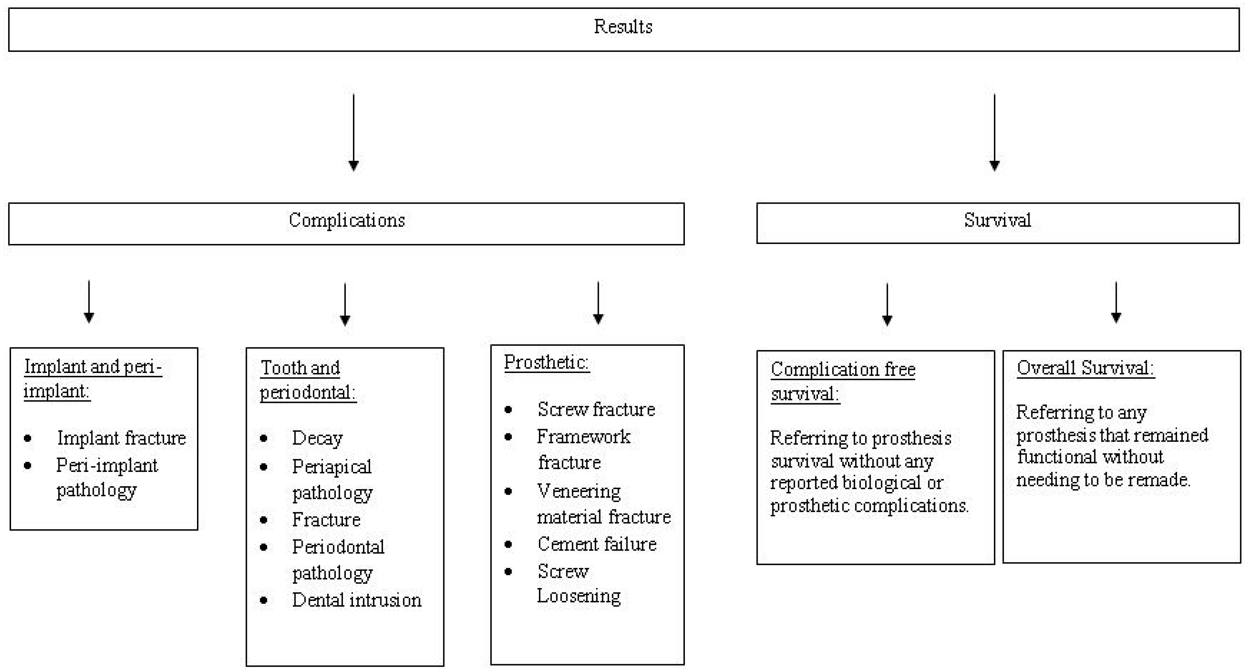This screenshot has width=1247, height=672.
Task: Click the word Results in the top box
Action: click(x=623, y=27)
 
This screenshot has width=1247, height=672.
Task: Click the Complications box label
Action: click(x=347, y=220)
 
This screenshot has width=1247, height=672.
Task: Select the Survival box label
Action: click(x=997, y=220)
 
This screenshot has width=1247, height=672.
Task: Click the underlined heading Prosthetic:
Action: click(x=546, y=362)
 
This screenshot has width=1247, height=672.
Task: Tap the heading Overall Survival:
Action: click(x=1085, y=368)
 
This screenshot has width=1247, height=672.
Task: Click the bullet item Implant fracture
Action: click(x=121, y=438)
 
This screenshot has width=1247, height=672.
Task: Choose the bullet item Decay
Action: click(x=317, y=438)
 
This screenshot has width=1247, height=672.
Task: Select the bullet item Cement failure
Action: click(x=596, y=544)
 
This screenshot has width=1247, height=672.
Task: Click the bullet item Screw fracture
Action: click(x=596, y=409)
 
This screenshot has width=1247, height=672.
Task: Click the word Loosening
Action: click(x=579, y=596)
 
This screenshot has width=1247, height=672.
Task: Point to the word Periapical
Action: click(x=332, y=467)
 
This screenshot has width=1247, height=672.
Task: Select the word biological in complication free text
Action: click(x=881, y=483)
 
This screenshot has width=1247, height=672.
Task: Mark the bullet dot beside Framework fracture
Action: click(x=508, y=437)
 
